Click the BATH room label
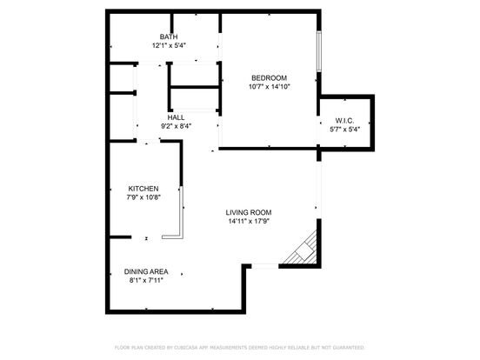point(169,37)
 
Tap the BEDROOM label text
point(269,78)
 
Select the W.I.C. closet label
point(344,121)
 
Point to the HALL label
point(176,117)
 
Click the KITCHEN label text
point(143,189)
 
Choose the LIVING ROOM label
point(249,212)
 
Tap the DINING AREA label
point(146,271)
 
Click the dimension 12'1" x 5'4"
point(170,45)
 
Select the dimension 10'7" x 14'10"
point(269,87)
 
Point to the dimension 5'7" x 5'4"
point(344,130)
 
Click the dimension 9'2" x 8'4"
point(176,126)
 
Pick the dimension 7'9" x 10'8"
point(143,197)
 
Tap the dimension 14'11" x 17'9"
point(249,221)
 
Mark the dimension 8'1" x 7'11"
point(146,280)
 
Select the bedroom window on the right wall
point(319,51)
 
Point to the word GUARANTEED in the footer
point(349,348)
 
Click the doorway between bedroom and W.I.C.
point(319,130)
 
